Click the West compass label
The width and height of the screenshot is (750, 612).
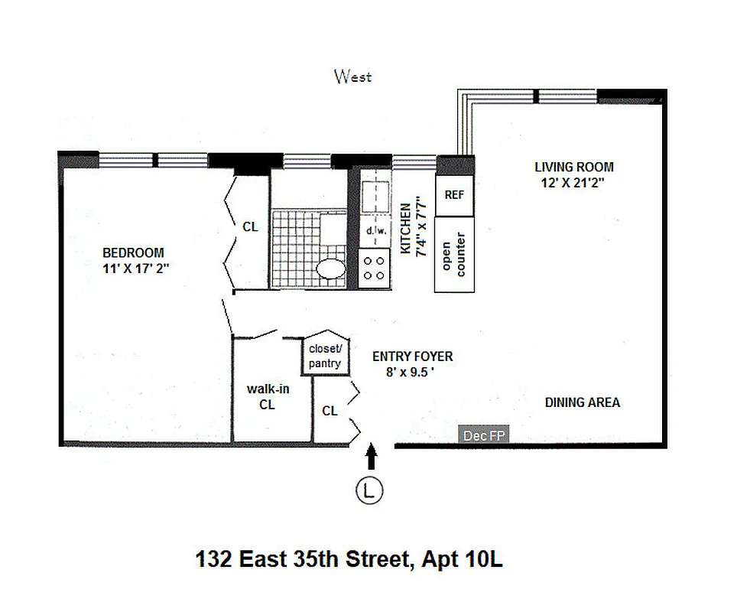(x=352, y=76)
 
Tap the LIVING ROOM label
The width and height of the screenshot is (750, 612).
(x=573, y=167)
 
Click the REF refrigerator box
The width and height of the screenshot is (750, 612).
(x=454, y=195)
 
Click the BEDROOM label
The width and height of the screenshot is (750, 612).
(x=134, y=252)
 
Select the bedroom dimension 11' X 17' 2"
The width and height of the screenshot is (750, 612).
(x=134, y=268)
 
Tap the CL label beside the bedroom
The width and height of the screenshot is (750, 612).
(x=250, y=226)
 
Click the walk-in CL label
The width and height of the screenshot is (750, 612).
(x=267, y=396)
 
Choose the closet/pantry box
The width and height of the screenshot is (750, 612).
(x=326, y=356)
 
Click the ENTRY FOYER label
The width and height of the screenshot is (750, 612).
(x=412, y=356)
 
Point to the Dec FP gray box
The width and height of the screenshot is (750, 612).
(x=483, y=435)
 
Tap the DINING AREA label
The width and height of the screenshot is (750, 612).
(x=582, y=402)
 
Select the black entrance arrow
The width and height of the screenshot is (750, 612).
(x=372, y=457)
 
